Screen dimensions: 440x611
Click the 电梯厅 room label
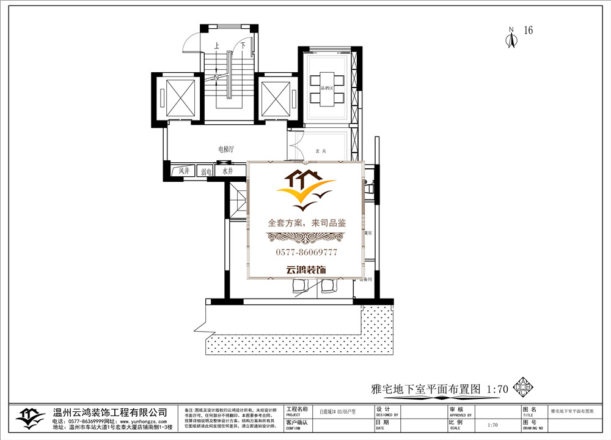point(227,149)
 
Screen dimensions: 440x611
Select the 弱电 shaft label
point(206,173)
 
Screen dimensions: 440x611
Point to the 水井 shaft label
point(228,172)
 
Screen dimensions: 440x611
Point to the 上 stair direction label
point(216,46)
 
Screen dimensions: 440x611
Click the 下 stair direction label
point(243,46)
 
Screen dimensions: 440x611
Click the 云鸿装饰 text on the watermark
point(306,269)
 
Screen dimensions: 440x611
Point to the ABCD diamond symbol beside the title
point(523,387)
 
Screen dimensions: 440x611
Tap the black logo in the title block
point(30,418)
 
